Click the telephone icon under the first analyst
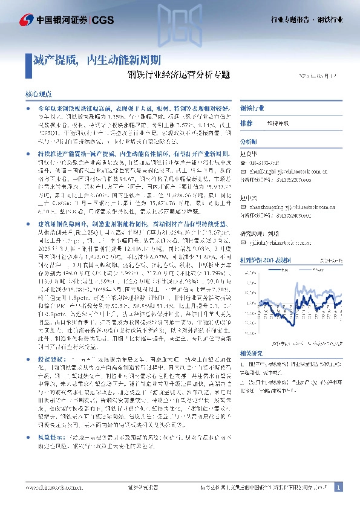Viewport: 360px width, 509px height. pyautogui.click(x=243, y=161)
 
